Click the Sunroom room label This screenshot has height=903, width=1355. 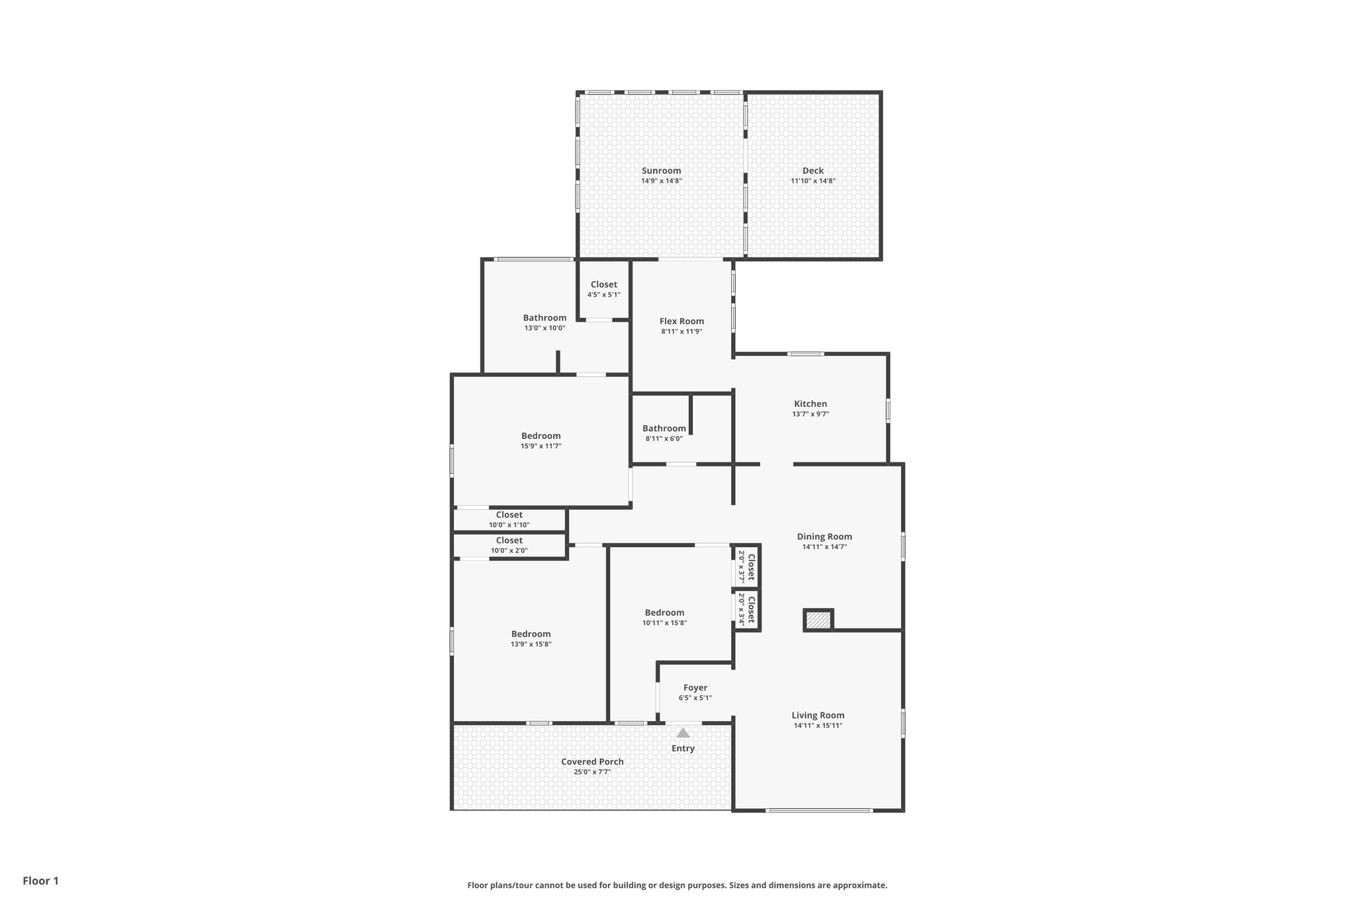661,171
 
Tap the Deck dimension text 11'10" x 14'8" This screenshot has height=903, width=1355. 813,181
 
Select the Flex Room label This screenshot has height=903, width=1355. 681,322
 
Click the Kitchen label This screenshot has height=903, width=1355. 810,404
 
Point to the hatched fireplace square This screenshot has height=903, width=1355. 818,621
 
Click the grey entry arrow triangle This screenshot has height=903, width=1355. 683,733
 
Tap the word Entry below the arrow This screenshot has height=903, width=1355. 683,748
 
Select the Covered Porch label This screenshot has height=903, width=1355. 592,761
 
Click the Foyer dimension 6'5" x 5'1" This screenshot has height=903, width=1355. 695,698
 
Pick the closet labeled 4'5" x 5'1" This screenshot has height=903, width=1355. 603,289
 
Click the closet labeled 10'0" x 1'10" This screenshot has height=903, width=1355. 509,519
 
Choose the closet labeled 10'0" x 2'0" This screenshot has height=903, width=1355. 509,545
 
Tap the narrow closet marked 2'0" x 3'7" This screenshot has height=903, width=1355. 746,566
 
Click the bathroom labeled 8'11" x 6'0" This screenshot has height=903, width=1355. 664,433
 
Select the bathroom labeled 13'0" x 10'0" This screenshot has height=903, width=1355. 545,322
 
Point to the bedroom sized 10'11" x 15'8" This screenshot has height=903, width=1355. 664,617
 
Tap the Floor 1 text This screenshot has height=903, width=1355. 41,881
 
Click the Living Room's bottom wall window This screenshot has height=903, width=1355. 818,810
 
